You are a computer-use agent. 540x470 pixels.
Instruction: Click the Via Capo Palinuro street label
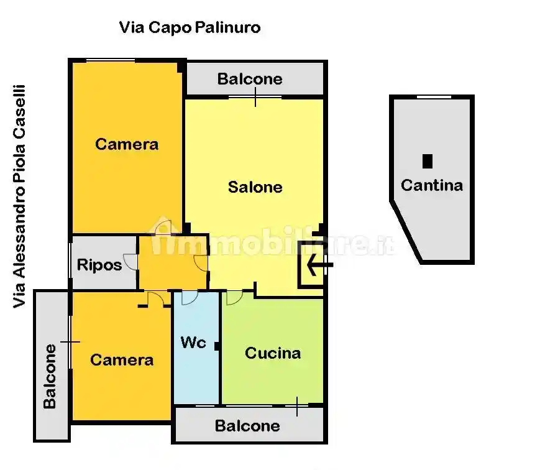(x=190, y=27)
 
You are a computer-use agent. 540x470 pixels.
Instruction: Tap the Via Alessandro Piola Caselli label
(x=20, y=196)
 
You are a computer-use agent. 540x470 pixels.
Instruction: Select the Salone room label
(x=255, y=187)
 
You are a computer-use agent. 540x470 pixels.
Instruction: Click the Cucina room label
(x=273, y=353)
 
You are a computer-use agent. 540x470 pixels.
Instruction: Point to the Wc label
(x=193, y=342)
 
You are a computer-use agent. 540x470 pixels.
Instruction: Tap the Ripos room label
(x=99, y=265)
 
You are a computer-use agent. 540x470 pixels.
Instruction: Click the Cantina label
(x=431, y=185)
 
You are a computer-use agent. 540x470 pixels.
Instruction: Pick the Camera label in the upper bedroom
(x=127, y=144)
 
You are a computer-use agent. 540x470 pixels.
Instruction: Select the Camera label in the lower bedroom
(x=122, y=360)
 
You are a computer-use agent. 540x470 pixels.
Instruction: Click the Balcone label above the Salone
(x=250, y=79)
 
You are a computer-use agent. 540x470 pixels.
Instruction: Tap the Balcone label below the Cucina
(x=247, y=426)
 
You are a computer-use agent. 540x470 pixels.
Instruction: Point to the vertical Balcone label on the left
(x=50, y=376)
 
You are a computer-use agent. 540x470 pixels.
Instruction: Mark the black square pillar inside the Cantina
(x=428, y=161)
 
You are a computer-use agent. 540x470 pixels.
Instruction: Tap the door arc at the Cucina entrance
(x=234, y=298)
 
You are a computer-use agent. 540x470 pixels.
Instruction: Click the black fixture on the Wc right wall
(x=217, y=346)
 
